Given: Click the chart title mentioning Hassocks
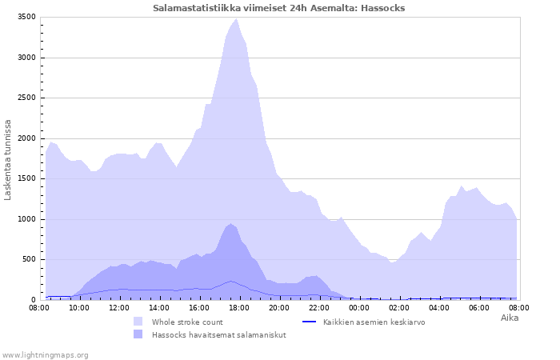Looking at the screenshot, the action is tap(279, 8).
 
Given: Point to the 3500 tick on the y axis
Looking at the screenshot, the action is tap(26, 17).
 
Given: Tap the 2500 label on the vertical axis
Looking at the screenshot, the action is tap(26, 98).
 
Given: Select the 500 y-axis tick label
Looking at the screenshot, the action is tap(30, 259).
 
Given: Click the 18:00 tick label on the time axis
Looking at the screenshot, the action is tap(239, 308).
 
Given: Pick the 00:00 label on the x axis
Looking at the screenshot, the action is tap(359, 308).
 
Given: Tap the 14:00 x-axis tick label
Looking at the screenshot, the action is tap(159, 308).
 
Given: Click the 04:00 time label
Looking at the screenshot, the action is tap(439, 308).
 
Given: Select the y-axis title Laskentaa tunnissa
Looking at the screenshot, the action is tap(8, 160).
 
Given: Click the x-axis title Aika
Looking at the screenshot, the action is tap(510, 318).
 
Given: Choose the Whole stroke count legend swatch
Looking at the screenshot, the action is tap(138, 322).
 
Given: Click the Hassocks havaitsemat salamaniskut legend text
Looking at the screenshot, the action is tap(219, 335).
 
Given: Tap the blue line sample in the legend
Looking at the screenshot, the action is tap(310, 322).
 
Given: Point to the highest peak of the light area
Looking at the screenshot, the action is tap(236, 19).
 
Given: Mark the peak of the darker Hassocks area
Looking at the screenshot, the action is tap(230, 224).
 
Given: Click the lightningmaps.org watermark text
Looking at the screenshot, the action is tap(45, 355).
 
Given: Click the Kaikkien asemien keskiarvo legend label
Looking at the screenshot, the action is tap(374, 322).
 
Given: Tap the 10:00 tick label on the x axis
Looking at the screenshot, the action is tap(79, 308).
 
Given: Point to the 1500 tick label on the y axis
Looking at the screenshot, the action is tap(26, 178).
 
